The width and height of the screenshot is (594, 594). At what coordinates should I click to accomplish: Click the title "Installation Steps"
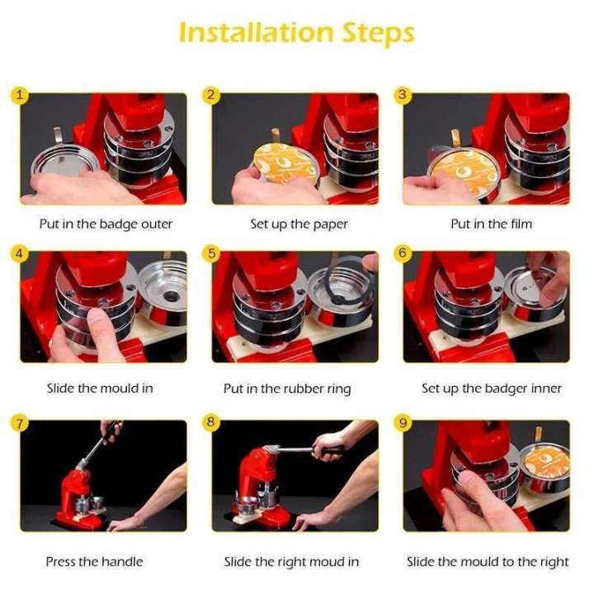coord(296,32)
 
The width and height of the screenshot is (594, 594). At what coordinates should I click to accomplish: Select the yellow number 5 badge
coord(211,253)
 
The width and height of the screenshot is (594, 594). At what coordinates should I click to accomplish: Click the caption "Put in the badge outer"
coord(106,224)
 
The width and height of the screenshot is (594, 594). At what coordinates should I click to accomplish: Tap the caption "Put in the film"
coord(491,224)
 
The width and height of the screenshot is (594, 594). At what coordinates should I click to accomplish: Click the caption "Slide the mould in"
coord(100,388)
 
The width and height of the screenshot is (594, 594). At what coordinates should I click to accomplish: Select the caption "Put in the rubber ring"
coord(287,388)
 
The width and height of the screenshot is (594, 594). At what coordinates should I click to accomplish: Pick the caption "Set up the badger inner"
coord(491,388)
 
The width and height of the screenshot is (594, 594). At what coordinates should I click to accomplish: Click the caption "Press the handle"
coord(94,562)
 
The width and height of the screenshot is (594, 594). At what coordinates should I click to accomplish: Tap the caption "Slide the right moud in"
coord(291,562)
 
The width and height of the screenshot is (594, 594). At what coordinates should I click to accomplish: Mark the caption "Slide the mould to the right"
coord(488,562)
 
